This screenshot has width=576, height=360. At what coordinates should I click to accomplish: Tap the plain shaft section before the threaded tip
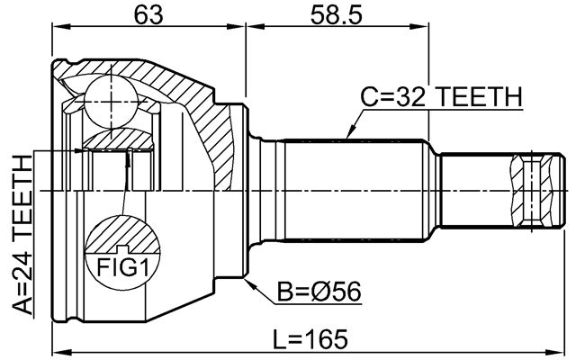click(472, 189)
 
